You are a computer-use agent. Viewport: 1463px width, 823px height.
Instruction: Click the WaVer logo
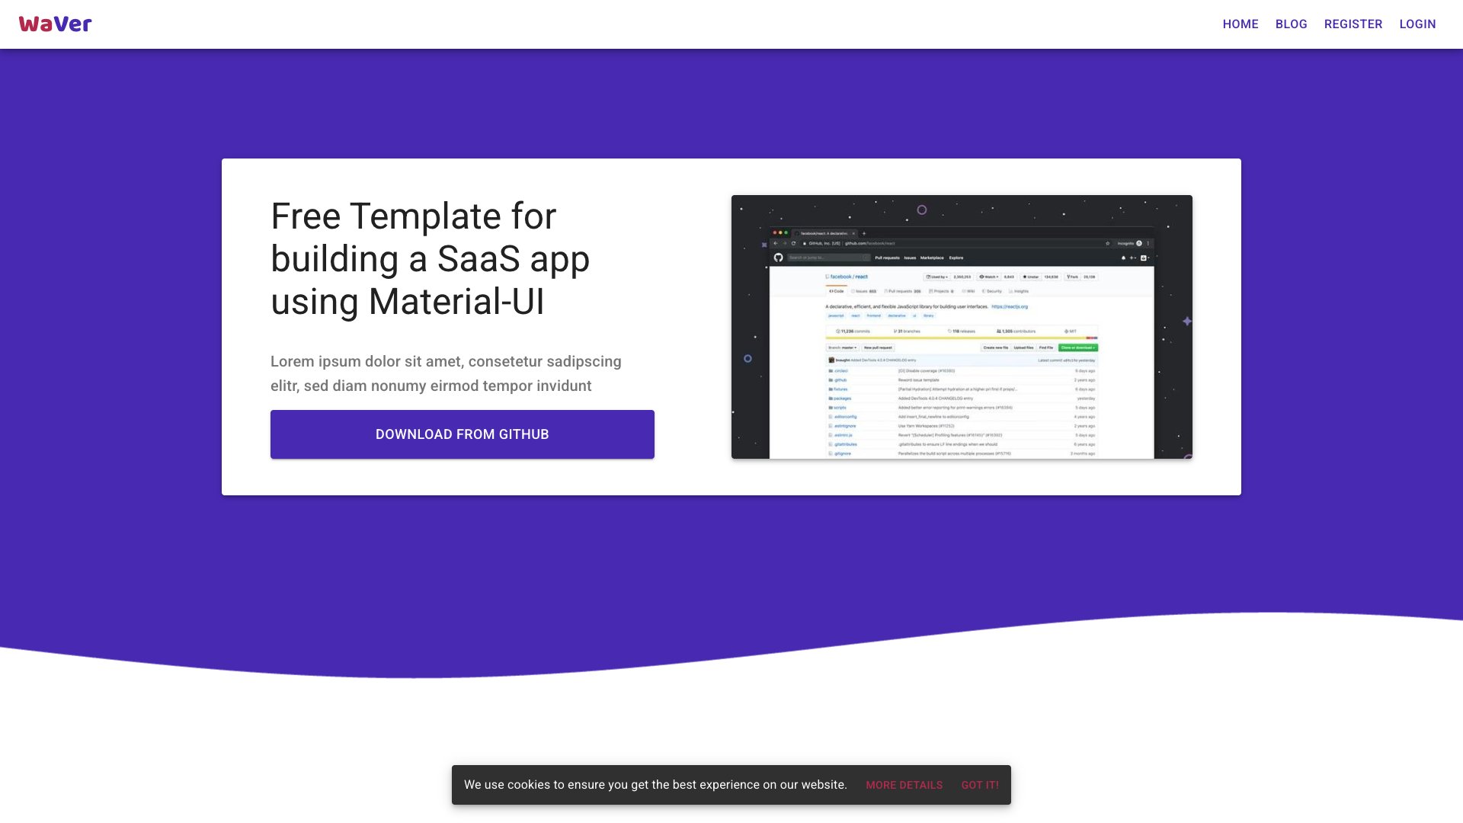tap(55, 24)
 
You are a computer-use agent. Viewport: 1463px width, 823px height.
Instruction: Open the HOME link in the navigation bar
tap(1241, 24)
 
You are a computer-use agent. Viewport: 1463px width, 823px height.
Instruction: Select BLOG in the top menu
tap(1291, 24)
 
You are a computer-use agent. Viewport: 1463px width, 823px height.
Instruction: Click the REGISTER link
tap(1353, 24)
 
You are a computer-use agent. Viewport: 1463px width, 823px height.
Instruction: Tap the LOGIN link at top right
tap(1417, 24)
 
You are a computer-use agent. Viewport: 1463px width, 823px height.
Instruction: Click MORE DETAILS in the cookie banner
tap(904, 785)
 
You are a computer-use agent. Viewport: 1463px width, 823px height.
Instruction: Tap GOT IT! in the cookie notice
tap(979, 785)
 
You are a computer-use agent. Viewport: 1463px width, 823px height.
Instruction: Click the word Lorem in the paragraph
tap(292, 361)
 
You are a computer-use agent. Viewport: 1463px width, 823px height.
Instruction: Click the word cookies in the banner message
tap(528, 785)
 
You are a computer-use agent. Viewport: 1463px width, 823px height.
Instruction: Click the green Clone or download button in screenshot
tap(1077, 347)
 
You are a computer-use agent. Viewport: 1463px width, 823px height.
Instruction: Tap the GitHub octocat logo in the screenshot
tap(778, 258)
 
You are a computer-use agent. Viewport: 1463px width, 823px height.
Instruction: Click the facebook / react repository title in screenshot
tap(848, 277)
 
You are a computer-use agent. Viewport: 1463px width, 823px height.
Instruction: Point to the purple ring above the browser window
tap(921, 210)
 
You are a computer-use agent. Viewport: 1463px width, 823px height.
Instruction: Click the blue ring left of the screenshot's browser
tap(748, 358)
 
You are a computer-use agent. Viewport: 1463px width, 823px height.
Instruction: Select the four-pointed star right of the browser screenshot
tap(1186, 322)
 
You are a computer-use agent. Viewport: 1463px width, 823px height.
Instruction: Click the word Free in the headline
tap(306, 216)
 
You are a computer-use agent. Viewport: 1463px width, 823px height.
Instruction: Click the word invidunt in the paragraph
tap(563, 386)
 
